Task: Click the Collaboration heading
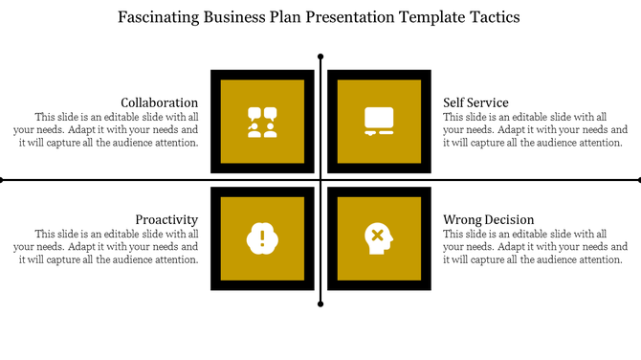(x=160, y=102)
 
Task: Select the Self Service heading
(x=475, y=102)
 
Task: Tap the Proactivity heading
(x=166, y=219)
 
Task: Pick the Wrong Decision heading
(x=488, y=219)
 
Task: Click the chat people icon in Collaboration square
(x=262, y=122)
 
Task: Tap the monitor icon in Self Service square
(x=379, y=122)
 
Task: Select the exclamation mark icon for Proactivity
(x=262, y=236)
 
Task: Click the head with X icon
(x=378, y=236)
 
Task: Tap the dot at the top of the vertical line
(x=320, y=56)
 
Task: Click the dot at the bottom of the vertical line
(x=320, y=304)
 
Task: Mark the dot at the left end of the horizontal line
(x=2, y=179)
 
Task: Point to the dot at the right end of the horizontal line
(x=638, y=179)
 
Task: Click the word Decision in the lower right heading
(x=508, y=219)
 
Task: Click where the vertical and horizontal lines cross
(x=320, y=179)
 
